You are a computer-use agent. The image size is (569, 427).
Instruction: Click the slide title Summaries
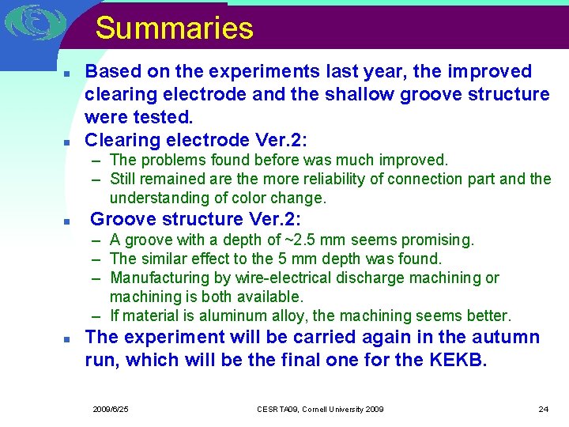[174, 28]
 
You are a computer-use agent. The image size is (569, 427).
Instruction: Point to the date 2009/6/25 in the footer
[111, 409]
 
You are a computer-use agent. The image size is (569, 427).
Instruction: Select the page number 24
[543, 409]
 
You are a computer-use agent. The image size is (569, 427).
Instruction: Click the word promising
[441, 240]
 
